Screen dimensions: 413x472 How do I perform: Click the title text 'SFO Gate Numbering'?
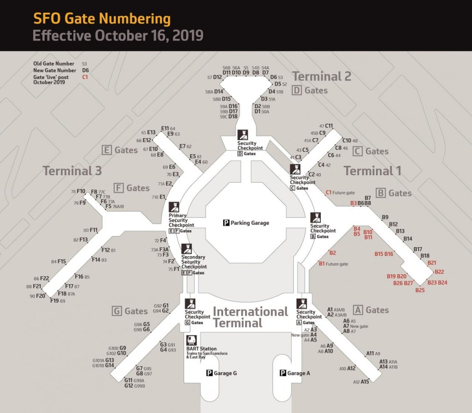tap(102, 19)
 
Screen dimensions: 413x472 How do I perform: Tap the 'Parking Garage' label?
tap(249, 223)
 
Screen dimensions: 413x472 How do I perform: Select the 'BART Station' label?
tap(201, 349)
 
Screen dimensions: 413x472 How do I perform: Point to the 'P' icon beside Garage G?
tap(209, 373)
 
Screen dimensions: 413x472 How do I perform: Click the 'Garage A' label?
tap(297, 373)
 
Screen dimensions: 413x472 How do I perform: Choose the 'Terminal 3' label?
tap(72, 171)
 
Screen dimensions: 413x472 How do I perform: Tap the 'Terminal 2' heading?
tap(322, 76)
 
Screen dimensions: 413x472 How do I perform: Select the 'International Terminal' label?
tap(250, 317)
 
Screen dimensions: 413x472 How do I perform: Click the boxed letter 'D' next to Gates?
tap(297, 90)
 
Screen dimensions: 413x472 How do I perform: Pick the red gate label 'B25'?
tap(420, 290)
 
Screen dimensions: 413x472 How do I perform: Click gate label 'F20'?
tap(41, 296)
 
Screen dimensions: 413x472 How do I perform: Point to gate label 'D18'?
tap(233, 117)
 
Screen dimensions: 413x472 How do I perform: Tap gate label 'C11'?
tap(329, 125)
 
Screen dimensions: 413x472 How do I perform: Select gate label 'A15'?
tap(365, 382)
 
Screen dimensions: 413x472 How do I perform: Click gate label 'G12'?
tap(129, 386)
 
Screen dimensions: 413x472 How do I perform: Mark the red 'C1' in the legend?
tap(85, 77)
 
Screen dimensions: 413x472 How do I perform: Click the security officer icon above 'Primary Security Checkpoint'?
tap(174, 207)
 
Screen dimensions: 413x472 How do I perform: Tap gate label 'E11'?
tap(165, 129)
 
